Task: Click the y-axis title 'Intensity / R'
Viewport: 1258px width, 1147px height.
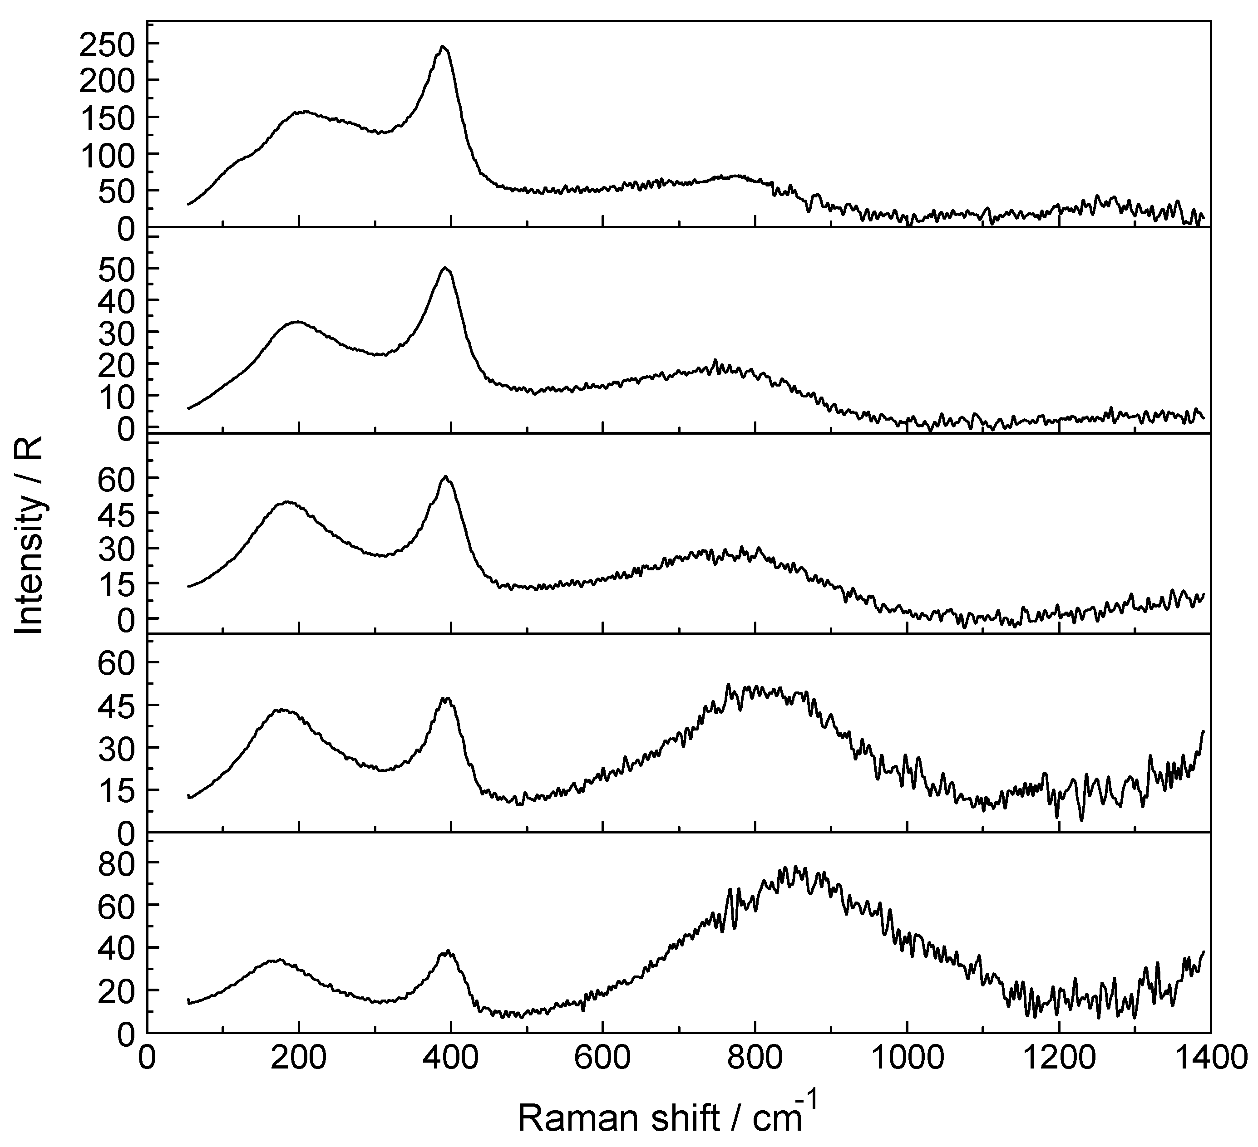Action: tap(30, 534)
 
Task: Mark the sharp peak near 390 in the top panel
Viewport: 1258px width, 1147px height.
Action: tap(443, 47)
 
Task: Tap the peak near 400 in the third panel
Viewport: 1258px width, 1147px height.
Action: tap(445, 477)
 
